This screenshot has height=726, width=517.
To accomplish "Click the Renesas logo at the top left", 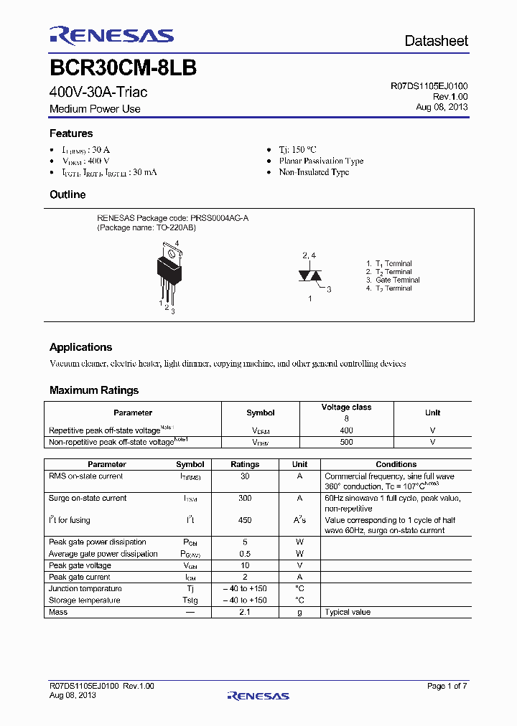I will tap(111, 36).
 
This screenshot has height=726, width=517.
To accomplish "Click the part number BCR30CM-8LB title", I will tap(123, 68).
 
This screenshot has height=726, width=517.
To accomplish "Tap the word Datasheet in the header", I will tap(436, 41).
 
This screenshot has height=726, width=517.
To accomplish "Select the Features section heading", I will tap(71, 133).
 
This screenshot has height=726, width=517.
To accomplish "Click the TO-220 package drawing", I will tap(169, 273).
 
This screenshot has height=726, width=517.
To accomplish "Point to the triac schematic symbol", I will tap(309, 275).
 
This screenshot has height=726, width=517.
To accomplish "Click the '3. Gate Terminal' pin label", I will tap(393, 280).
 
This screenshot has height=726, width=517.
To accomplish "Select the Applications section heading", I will tap(80, 347).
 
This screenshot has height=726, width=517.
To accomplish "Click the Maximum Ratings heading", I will tap(93, 390).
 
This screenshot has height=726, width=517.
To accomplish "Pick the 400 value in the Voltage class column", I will tap(346, 430).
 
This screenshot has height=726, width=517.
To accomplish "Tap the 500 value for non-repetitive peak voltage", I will tap(346, 442).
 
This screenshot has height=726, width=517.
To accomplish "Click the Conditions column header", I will tap(396, 464).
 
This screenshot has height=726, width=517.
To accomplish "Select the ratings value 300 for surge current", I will tap(245, 498).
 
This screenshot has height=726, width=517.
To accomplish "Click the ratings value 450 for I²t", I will tap(245, 520).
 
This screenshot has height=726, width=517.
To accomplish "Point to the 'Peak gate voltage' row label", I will tap(79, 565).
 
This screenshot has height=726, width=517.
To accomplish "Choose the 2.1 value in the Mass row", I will tap(245, 612).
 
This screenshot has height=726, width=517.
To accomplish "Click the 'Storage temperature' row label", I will tap(85, 600).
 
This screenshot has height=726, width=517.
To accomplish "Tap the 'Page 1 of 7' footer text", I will tap(447, 686).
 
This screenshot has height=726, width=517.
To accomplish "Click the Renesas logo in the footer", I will tap(258, 695).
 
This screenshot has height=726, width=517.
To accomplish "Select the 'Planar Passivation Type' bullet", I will tap(321, 161).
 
